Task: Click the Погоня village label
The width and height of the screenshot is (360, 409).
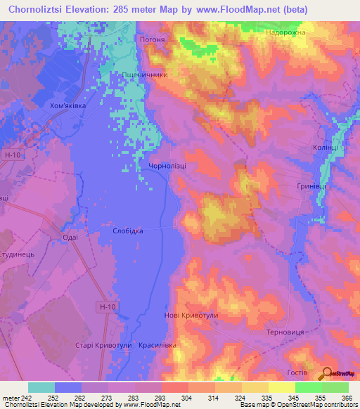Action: click(x=153, y=40)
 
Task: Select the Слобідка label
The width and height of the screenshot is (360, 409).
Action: click(x=128, y=231)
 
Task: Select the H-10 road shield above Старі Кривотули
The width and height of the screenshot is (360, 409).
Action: click(x=106, y=306)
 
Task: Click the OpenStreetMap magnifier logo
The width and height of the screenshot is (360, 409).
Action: click(x=328, y=373)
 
